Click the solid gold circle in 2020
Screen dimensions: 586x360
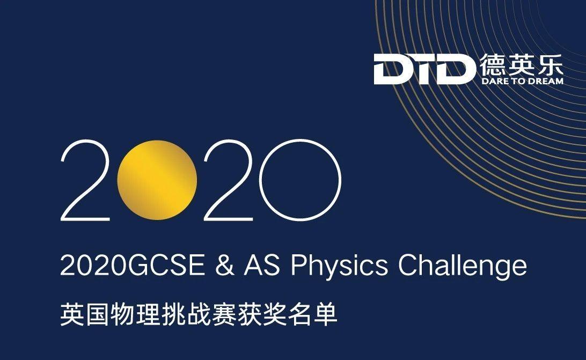(157, 180)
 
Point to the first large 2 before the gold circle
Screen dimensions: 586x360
(85, 180)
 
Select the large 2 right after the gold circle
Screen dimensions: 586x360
(229, 180)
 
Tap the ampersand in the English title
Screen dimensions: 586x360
(225, 266)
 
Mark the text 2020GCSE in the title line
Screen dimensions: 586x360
(133, 266)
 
